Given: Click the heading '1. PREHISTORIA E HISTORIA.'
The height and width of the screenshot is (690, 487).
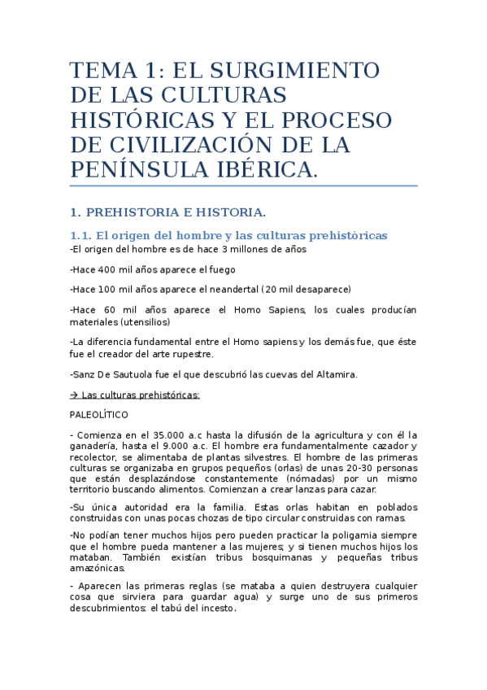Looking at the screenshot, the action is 168,213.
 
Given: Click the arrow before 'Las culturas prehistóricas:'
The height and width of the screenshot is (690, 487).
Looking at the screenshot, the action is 74,395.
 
